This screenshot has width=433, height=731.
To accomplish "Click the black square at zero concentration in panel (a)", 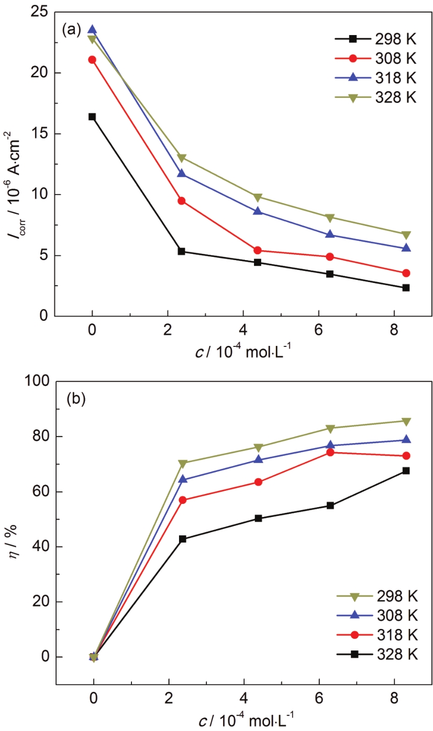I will (92, 117).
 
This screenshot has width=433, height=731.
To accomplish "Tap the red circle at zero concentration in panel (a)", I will (92, 60).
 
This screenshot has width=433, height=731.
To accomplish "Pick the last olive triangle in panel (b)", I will (406, 421).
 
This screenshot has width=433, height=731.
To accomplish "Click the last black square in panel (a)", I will (406, 288).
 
